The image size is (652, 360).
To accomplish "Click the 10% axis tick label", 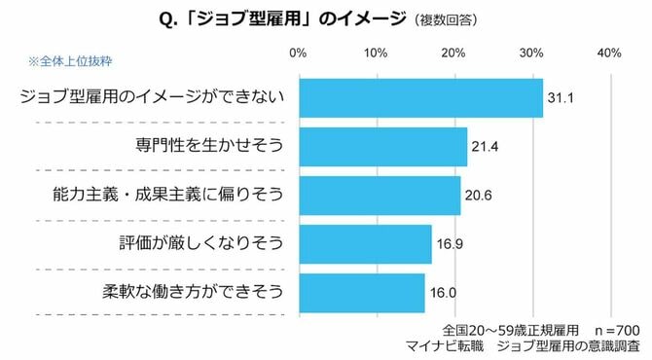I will tap(376, 53).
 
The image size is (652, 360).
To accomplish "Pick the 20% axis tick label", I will tap(453, 53).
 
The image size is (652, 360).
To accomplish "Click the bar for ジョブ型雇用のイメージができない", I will tap(420, 97).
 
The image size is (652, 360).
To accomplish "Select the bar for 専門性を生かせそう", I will tap(382, 146).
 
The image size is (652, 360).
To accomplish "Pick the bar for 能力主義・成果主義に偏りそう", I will tap(380, 195).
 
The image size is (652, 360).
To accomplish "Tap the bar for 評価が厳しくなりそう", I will tap(365, 244).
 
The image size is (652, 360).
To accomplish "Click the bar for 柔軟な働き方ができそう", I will tap(361, 292).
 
